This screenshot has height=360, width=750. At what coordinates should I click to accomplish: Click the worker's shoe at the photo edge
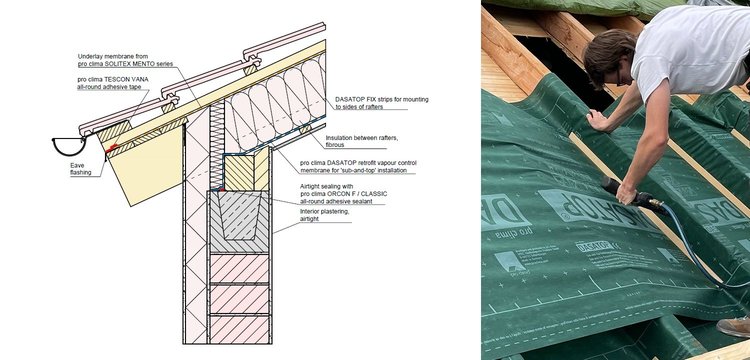[x=735, y=327]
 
